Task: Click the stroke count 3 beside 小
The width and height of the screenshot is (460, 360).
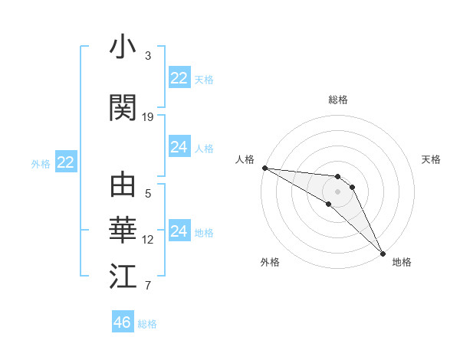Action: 148,56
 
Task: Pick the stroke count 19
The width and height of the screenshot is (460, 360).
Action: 148,117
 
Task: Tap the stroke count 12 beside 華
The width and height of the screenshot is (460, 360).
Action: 148,240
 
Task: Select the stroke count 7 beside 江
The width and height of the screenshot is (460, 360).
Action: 148,286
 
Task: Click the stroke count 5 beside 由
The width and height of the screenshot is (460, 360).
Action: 148,194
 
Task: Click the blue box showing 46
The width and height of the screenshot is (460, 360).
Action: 123,322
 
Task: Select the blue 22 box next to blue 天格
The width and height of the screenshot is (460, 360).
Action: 179,78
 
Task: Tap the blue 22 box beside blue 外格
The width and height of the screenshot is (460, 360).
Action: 66,162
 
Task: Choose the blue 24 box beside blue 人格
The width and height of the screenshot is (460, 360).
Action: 179,147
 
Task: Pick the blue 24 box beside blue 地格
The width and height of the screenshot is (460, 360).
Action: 179,231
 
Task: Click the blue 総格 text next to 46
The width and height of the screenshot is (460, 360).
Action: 147,324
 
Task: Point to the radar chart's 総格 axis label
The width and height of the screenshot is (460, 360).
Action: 337,100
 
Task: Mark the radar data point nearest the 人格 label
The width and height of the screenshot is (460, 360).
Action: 264,168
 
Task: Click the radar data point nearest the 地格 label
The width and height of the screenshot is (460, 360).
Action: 382,251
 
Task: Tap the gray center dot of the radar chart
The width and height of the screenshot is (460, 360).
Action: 337,191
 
